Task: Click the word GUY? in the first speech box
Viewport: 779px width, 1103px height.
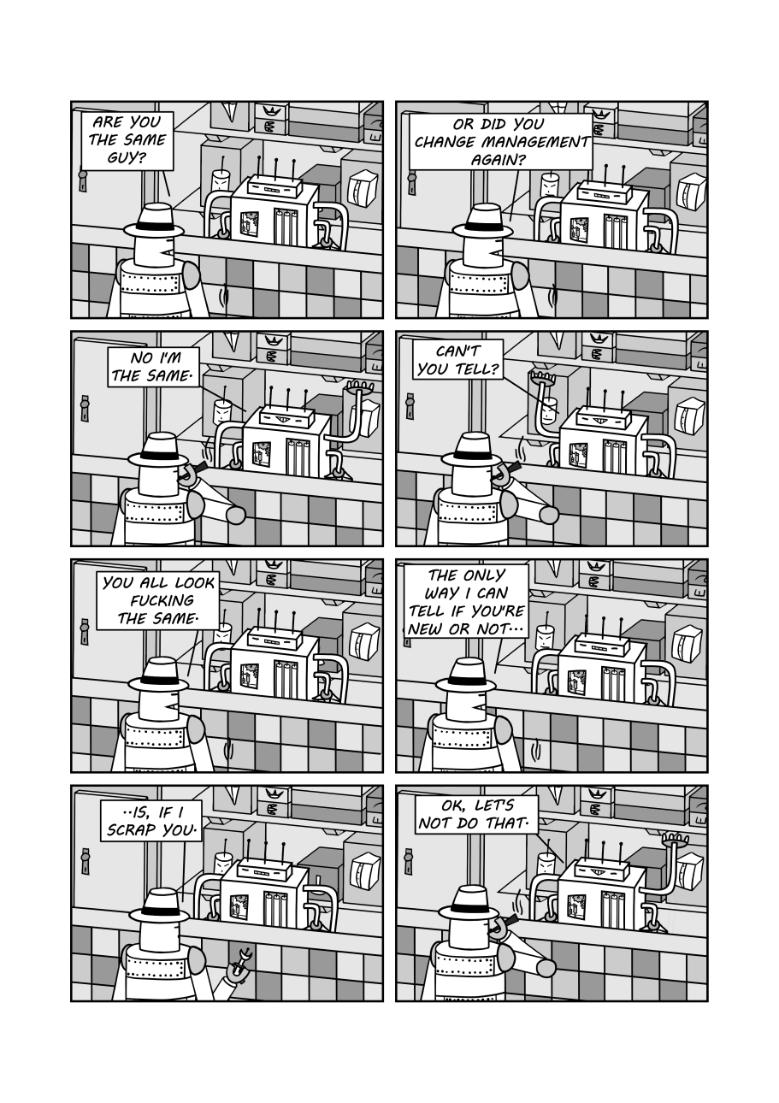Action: coord(127,158)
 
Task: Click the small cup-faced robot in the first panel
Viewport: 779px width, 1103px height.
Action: coord(221,180)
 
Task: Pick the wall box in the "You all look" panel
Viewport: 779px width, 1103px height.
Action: coord(365,643)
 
